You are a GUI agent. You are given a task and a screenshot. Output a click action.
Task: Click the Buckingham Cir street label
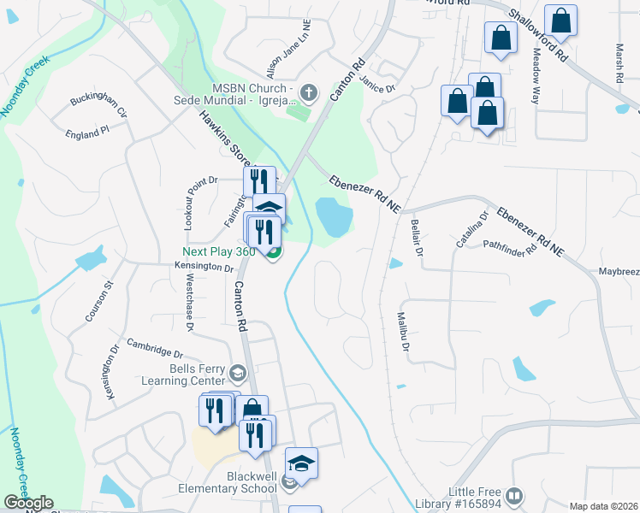pos(98,106)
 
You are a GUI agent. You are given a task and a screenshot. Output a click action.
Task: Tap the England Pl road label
pos(87,133)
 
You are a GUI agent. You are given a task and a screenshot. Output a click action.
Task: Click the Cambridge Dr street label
pos(155,348)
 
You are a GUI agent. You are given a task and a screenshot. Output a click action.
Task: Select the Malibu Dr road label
pos(403,334)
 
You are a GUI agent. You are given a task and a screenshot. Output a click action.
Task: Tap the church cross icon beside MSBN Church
pos(308,91)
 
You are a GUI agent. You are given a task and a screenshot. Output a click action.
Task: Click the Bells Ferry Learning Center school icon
pos(237,373)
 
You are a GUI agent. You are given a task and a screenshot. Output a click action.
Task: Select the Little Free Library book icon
pos(514,496)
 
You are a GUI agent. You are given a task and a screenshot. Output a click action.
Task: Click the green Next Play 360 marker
pos(274,252)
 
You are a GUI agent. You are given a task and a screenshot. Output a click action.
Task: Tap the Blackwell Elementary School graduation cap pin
pos(301,463)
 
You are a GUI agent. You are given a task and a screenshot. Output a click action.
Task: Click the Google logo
pos(29,504)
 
